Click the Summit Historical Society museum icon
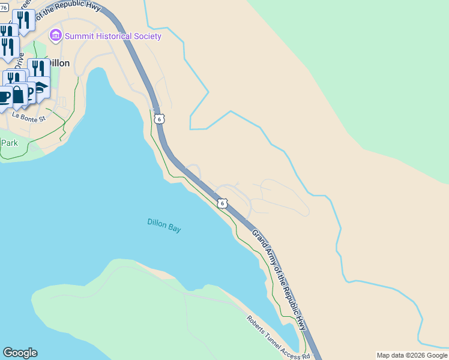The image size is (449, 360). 56,36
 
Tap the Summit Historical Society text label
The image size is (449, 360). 113,36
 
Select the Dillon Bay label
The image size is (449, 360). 164,225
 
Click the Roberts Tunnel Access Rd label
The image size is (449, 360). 278,337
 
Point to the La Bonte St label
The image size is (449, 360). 29,118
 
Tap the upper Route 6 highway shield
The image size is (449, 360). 158,119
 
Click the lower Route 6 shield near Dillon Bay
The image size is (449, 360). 223,203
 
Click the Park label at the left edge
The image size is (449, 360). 9,143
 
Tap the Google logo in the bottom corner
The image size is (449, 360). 20,353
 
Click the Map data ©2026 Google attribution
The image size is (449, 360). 412,355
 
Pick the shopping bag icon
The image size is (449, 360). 18,95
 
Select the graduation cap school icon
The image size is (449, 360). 40,86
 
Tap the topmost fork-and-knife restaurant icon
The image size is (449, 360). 23,20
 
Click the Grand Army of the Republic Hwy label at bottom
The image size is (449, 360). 280,280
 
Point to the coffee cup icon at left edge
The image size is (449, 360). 4,96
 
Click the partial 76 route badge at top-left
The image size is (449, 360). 4,8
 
